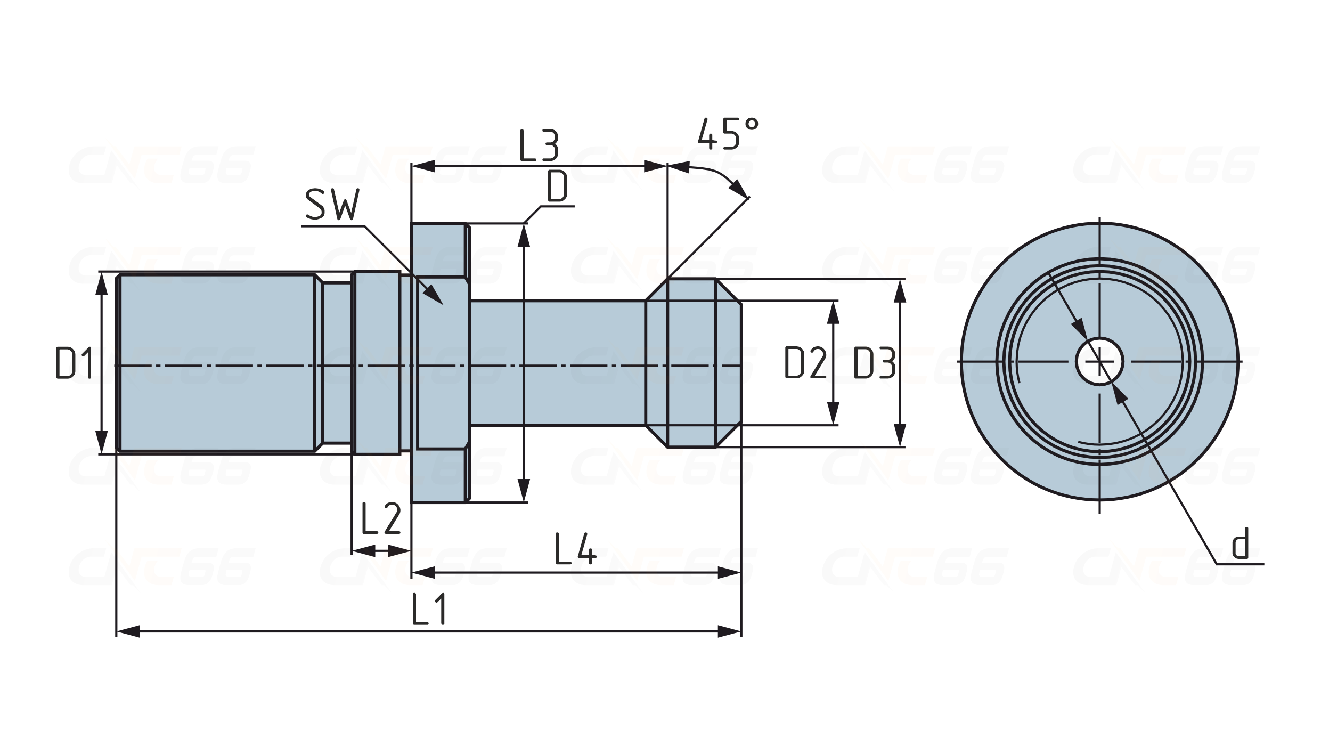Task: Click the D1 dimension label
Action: [75, 363]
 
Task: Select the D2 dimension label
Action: [805, 363]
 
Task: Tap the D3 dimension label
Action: [874, 363]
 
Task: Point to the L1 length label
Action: [428, 610]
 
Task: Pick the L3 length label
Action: [539, 146]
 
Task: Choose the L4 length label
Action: [575, 549]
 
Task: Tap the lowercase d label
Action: [1241, 544]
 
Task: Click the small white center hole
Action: [1099, 362]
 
